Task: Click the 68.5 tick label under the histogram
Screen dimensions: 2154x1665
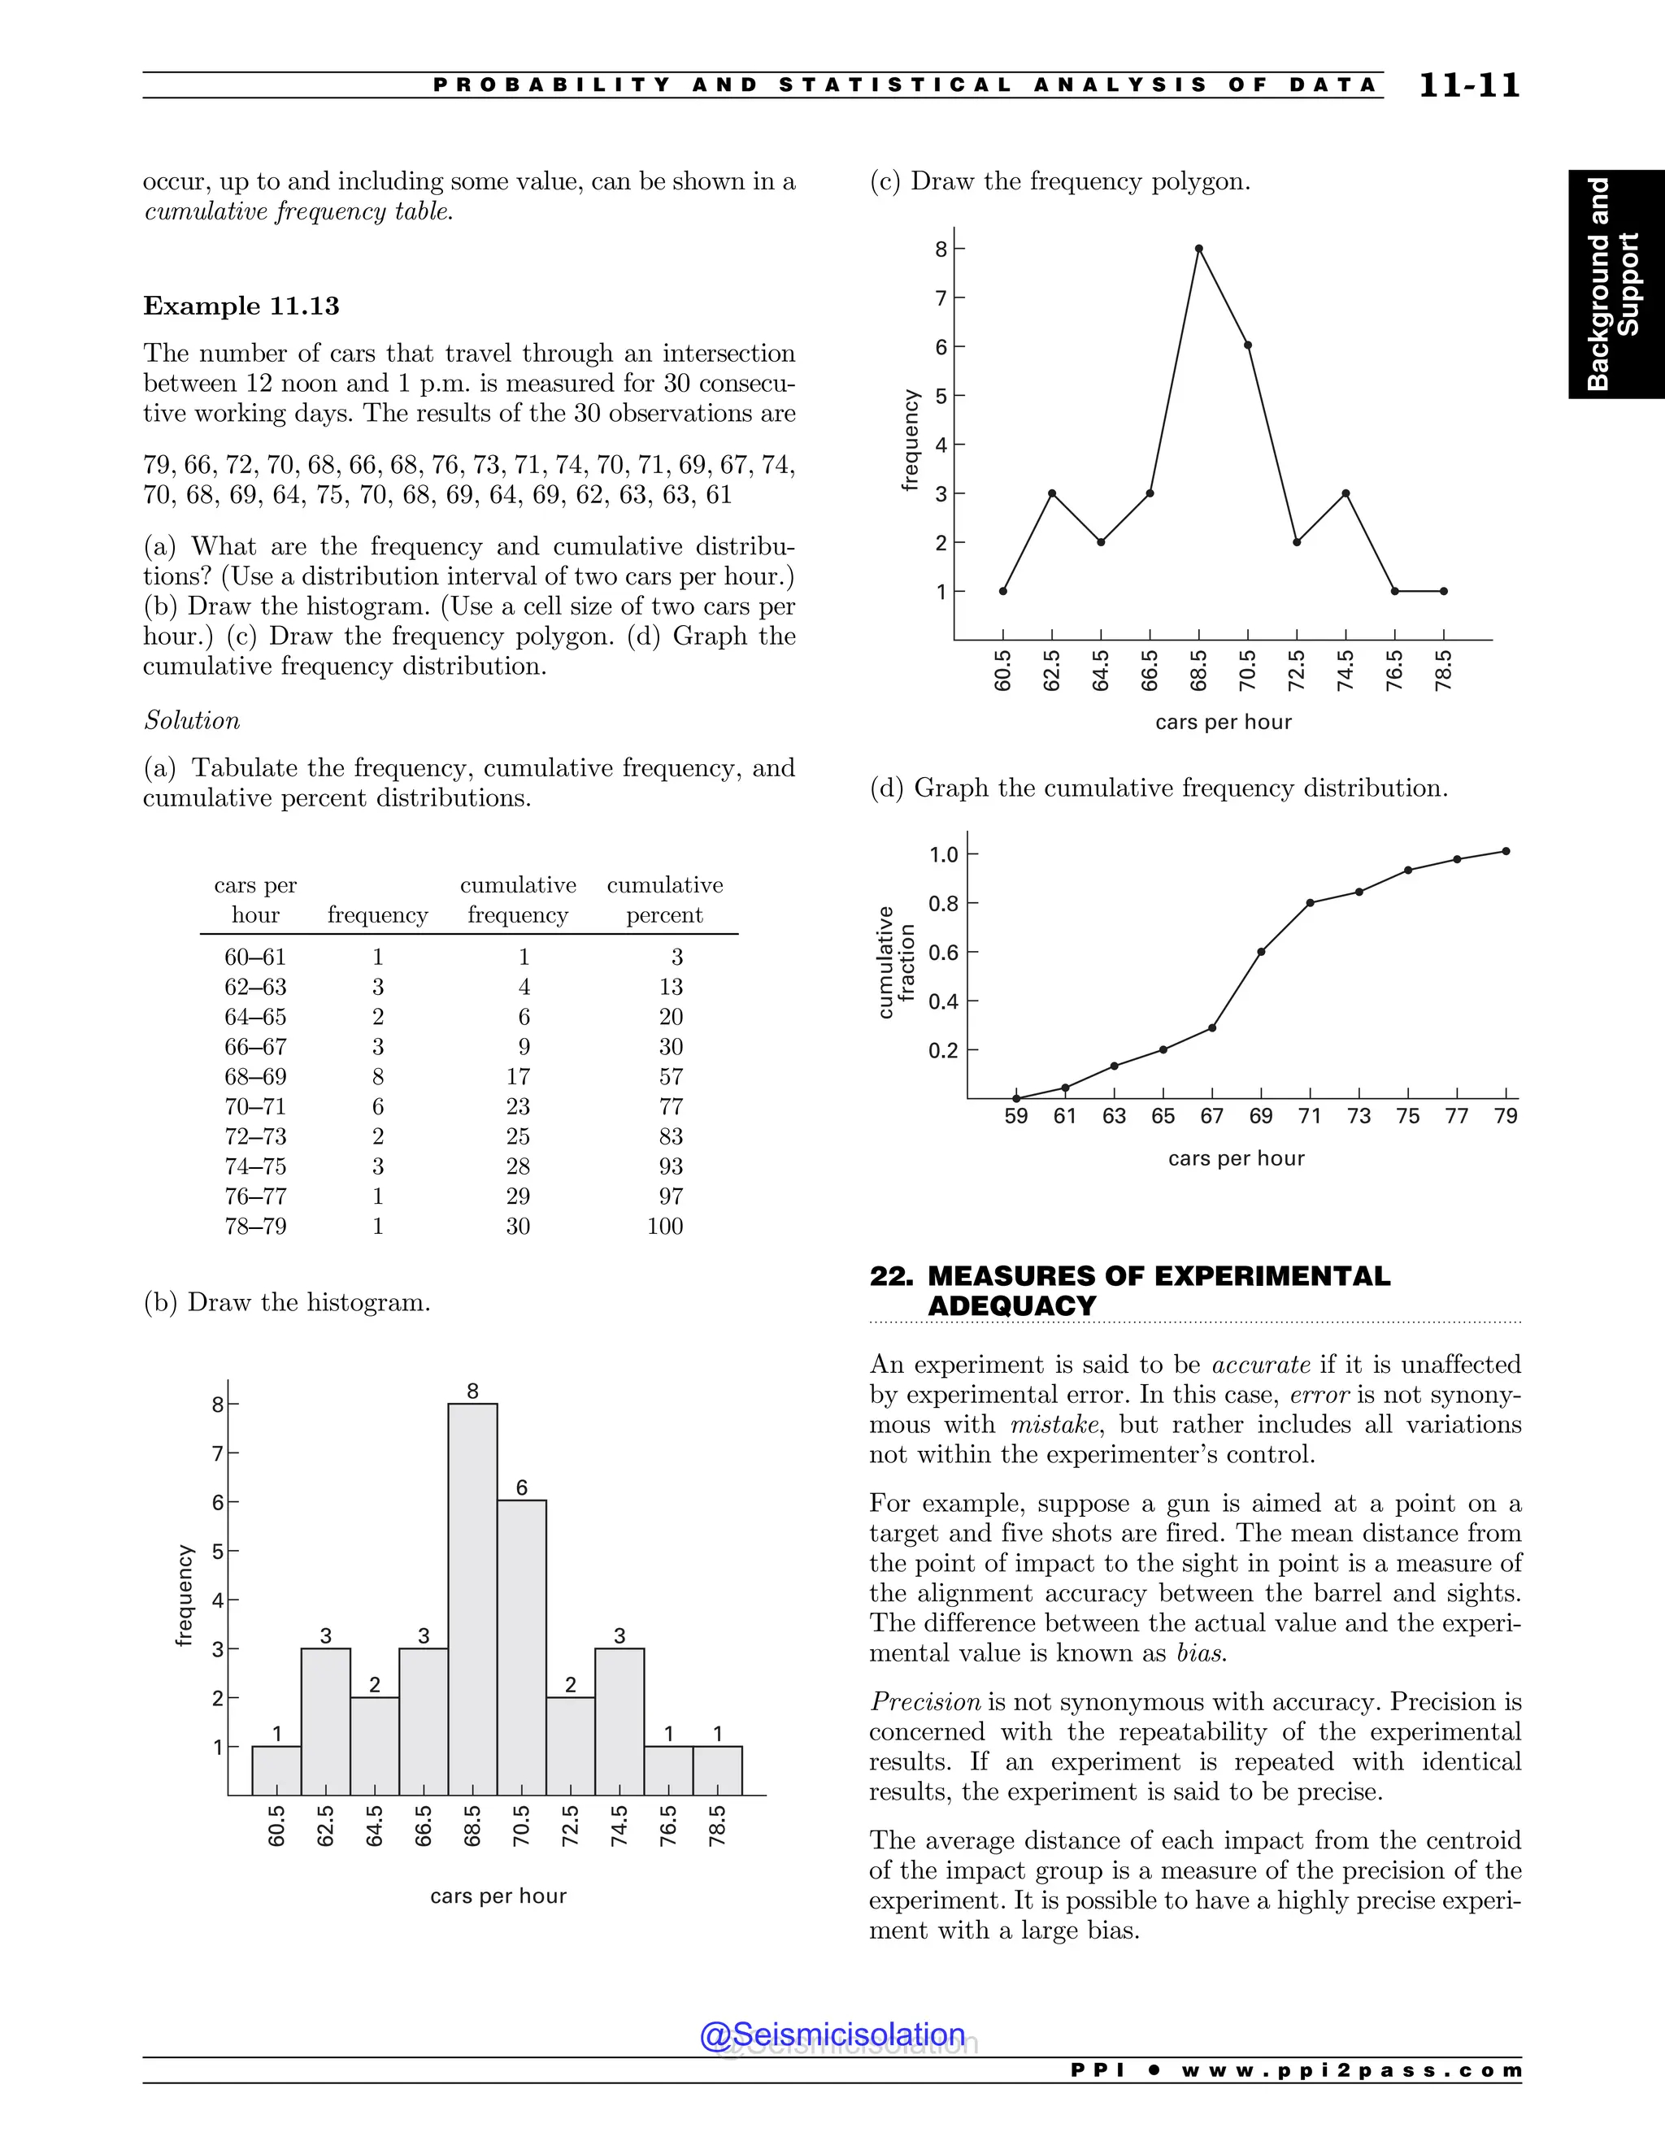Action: [x=472, y=1826]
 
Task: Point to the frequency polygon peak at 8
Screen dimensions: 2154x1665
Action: [x=1198, y=249]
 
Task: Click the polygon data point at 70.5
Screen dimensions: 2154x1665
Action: [x=1248, y=345]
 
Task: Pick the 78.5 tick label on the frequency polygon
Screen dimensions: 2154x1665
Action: [x=1443, y=671]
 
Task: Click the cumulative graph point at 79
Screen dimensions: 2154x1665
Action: [x=1505, y=851]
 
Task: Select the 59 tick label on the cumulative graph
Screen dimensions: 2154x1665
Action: [x=1016, y=1117]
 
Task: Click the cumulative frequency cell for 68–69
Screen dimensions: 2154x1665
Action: [x=518, y=1077]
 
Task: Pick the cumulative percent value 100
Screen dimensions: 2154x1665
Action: [x=665, y=1226]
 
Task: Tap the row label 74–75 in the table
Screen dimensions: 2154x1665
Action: [x=255, y=1166]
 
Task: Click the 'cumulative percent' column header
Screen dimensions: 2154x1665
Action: [x=665, y=900]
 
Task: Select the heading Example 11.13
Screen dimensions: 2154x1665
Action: [x=241, y=306]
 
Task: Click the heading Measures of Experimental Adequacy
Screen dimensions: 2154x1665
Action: [x=1129, y=1290]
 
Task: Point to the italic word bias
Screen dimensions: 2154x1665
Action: [x=1201, y=1654]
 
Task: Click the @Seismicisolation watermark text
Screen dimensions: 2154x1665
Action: [x=832, y=2035]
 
